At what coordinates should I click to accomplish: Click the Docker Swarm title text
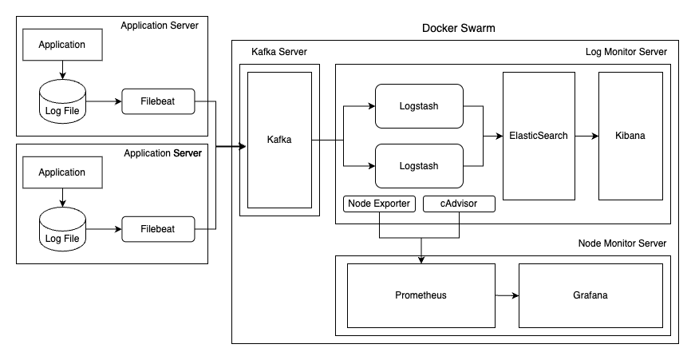[458, 29]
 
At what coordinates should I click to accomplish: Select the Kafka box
[279, 140]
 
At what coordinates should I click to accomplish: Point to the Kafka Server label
[278, 52]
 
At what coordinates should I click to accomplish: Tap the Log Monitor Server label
[626, 52]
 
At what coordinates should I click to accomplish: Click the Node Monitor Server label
[622, 243]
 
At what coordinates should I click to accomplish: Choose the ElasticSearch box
[538, 136]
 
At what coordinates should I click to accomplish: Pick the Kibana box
[630, 136]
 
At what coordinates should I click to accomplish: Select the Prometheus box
[421, 295]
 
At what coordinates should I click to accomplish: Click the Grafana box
[590, 295]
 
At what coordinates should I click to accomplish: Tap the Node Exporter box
[379, 204]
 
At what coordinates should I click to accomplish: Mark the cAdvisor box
[459, 204]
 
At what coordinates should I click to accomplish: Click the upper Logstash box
[419, 106]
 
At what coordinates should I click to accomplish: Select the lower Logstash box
[419, 165]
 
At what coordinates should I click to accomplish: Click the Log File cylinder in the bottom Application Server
[63, 230]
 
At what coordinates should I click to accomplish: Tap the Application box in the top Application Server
[63, 45]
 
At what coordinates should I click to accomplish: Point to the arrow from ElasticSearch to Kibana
[586, 136]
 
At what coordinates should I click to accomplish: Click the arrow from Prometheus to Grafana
[507, 295]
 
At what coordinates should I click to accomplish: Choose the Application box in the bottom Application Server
[63, 172]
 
